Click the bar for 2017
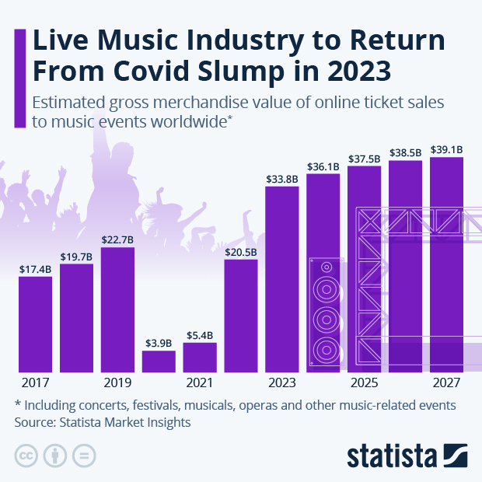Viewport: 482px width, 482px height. pyautogui.click(x=36, y=324)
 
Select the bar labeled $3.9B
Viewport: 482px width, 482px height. pyautogui.click(x=159, y=361)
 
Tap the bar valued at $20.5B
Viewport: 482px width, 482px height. pyautogui.click(x=241, y=316)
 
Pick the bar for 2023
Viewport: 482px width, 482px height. pyautogui.click(x=282, y=279)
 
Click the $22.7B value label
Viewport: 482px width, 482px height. pyautogui.click(x=117, y=239)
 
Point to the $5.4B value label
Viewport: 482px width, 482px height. pyautogui.click(x=200, y=335)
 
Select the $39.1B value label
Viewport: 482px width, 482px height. pyautogui.click(x=447, y=150)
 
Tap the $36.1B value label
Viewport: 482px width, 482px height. pyautogui.click(x=323, y=166)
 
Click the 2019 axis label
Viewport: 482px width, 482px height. pyautogui.click(x=117, y=383)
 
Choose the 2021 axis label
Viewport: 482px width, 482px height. pyautogui.click(x=200, y=383)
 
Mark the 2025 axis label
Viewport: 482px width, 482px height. pyautogui.click(x=364, y=383)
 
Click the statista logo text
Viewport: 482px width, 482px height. pyautogui.click(x=393, y=455)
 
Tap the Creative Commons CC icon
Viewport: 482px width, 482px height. pyautogui.click(x=26, y=456)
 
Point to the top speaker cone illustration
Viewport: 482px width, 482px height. pyautogui.click(x=326, y=267)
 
